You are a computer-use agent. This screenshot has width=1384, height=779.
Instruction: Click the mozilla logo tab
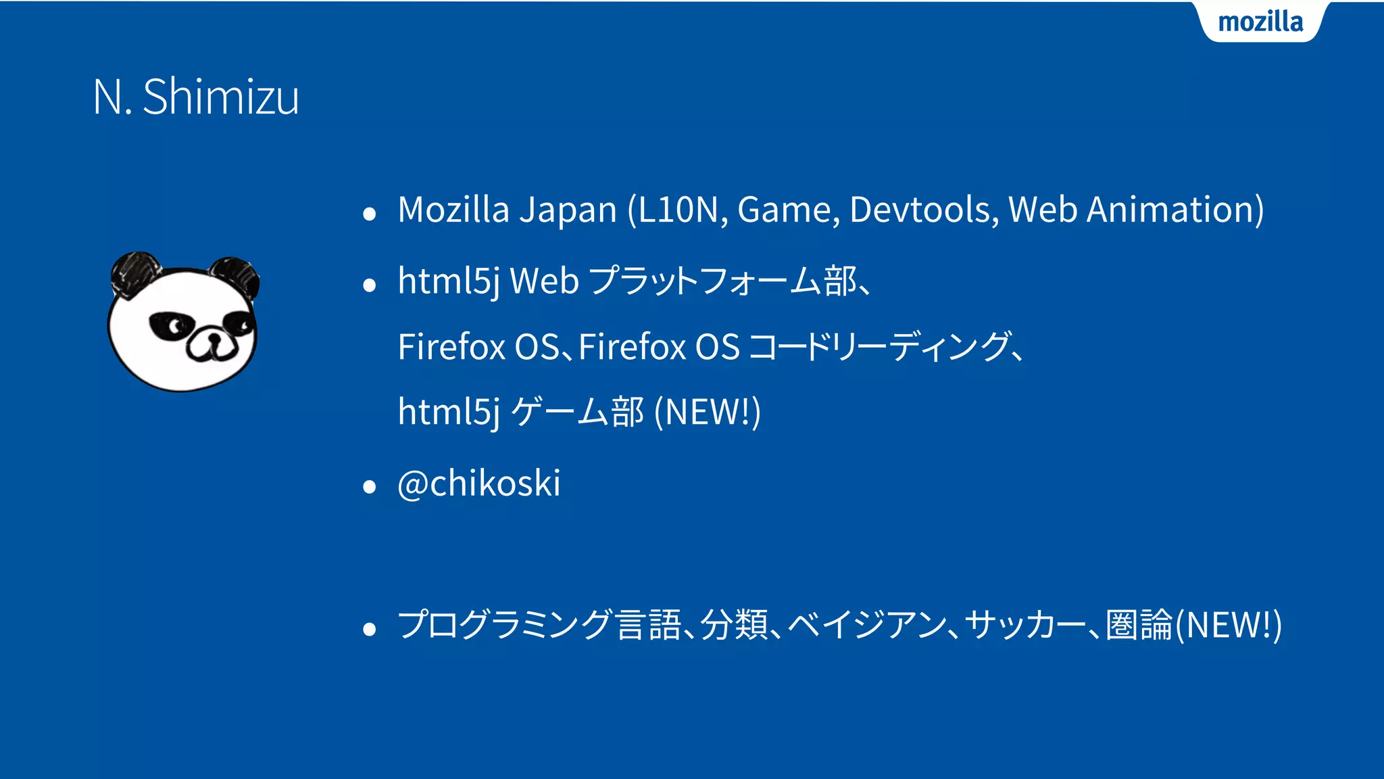(1260, 22)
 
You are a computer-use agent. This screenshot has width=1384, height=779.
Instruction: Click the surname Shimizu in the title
(220, 97)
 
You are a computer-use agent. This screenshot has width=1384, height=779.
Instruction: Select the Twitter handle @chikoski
(479, 483)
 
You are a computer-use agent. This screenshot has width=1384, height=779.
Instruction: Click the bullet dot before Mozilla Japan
(369, 214)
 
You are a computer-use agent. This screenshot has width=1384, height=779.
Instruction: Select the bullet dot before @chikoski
(369, 487)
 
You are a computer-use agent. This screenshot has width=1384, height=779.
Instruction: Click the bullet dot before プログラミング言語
(369, 630)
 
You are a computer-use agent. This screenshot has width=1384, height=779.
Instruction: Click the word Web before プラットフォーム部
(544, 281)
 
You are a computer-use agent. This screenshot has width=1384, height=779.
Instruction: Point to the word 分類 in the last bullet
(733, 625)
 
